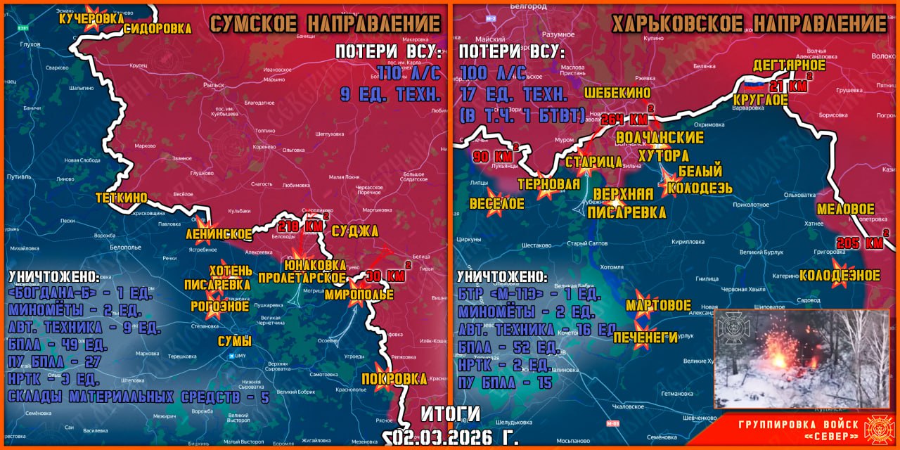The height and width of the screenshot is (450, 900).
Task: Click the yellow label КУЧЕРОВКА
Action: pyautogui.click(x=91, y=20)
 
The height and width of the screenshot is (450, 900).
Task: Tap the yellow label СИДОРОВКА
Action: pyautogui.click(x=157, y=29)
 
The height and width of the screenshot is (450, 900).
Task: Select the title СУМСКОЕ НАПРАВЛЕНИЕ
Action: pyautogui.click(x=326, y=23)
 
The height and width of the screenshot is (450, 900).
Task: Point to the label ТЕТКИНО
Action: pyautogui.click(x=122, y=198)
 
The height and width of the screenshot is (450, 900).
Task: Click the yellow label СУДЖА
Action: pyautogui.click(x=355, y=231)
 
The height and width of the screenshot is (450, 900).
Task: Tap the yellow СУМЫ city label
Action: pyautogui.click(x=232, y=342)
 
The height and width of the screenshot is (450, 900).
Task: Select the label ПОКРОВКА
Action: pyautogui.click(x=394, y=379)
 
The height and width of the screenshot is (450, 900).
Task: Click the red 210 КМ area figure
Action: pyautogui.click(x=301, y=226)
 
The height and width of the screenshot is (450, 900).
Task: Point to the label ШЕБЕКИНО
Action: pyautogui.click(x=617, y=93)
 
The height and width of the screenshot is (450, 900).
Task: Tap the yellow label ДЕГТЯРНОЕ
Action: pyautogui.click(x=789, y=65)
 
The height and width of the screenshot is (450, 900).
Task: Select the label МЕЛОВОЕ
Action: pyautogui.click(x=845, y=209)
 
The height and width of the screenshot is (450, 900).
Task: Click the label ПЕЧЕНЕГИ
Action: pyautogui.click(x=645, y=337)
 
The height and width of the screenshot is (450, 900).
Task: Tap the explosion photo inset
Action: pyautogui.click(x=802, y=359)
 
